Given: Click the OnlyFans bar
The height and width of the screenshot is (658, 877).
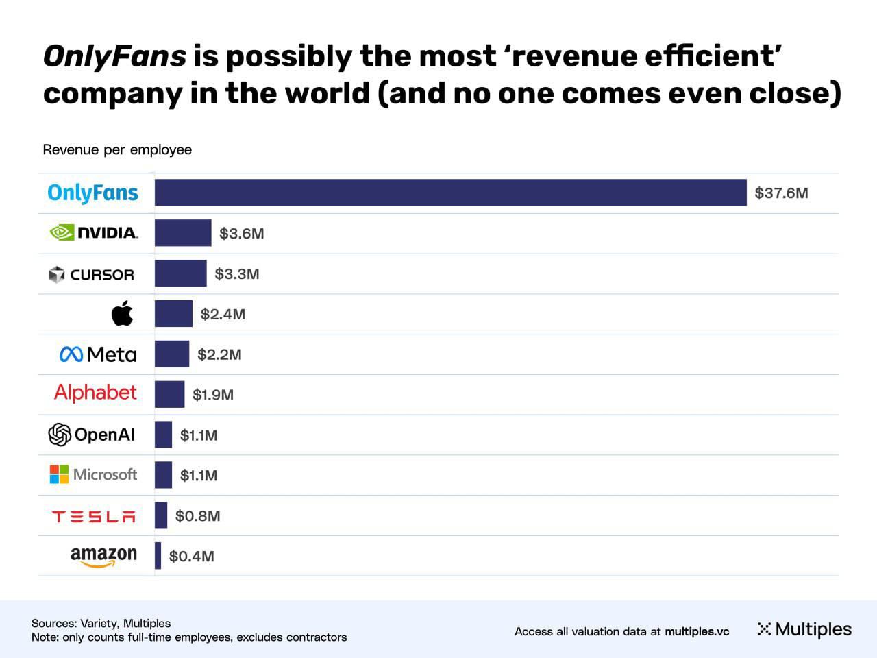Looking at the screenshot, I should [450, 193].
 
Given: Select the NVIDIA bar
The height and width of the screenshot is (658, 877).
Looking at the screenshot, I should [183, 233].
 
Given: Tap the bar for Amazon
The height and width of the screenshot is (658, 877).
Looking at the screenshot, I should [158, 556].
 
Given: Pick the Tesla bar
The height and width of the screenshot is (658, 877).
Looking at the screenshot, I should [161, 515].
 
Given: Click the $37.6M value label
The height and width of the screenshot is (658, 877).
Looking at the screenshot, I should [781, 193].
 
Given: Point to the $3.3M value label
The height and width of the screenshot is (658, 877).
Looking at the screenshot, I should [237, 274].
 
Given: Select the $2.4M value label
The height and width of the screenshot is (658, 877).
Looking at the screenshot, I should [223, 315].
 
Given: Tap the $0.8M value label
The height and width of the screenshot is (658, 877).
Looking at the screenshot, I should [198, 516].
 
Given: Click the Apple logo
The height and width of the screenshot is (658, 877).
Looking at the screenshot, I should [122, 314].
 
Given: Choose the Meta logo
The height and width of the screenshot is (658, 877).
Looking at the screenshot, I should [98, 354].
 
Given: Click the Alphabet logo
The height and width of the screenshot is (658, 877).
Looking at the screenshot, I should [95, 393].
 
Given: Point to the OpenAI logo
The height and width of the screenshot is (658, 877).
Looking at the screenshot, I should [92, 435].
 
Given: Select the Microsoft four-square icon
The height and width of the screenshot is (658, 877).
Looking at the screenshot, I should [59, 474].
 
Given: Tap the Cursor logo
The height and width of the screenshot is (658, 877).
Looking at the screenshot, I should [92, 274].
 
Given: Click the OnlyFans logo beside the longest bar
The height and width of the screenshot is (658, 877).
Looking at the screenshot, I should [93, 193].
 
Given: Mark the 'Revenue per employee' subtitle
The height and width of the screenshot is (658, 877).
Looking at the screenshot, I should [117, 149].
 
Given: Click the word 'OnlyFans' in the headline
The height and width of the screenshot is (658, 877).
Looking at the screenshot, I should [114, 56].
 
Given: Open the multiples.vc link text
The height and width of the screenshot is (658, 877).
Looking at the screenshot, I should [697, 631].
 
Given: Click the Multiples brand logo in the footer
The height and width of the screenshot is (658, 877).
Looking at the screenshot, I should [804, 629].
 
